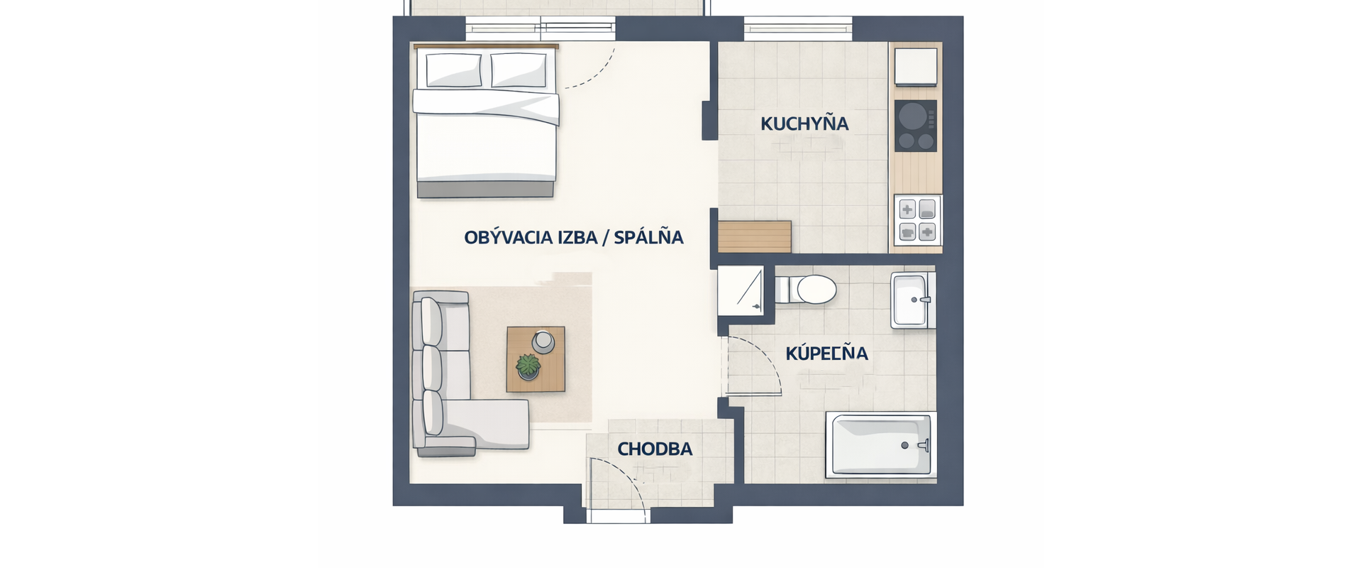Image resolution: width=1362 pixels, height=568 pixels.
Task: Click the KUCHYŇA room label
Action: click(x=804, y=124)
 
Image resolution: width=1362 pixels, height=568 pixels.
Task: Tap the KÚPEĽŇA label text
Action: click(x=827, y=353)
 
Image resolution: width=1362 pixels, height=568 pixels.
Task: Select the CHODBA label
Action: click(x=655, y=449)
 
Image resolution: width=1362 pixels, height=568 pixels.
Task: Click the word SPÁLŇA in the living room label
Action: click(x=648, y=236)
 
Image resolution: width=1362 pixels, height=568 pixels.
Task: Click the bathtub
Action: click(x=880, y=445)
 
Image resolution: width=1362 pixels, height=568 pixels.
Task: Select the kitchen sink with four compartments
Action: click(x=918, y=220)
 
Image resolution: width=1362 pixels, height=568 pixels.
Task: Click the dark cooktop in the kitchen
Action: click(x=915, y=126)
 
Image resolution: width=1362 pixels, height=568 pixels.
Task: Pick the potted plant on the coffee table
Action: click(x=528, y=366)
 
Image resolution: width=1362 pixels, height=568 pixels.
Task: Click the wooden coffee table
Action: click(x=536, y=359)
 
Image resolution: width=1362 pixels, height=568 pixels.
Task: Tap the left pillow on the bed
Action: click(x=454, y=70)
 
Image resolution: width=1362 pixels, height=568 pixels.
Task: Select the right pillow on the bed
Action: click(x=520, y=70)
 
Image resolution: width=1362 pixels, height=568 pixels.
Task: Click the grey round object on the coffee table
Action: click(x=543, y=342)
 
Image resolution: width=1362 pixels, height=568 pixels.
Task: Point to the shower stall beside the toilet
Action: click(x=741, y=290)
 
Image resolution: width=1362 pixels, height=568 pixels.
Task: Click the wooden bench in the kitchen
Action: click(x=754, y=236)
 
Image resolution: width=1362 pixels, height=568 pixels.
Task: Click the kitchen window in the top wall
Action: click(x=798, y=29)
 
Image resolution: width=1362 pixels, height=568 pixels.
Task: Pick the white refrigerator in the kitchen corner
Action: click(x=916, y=66)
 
